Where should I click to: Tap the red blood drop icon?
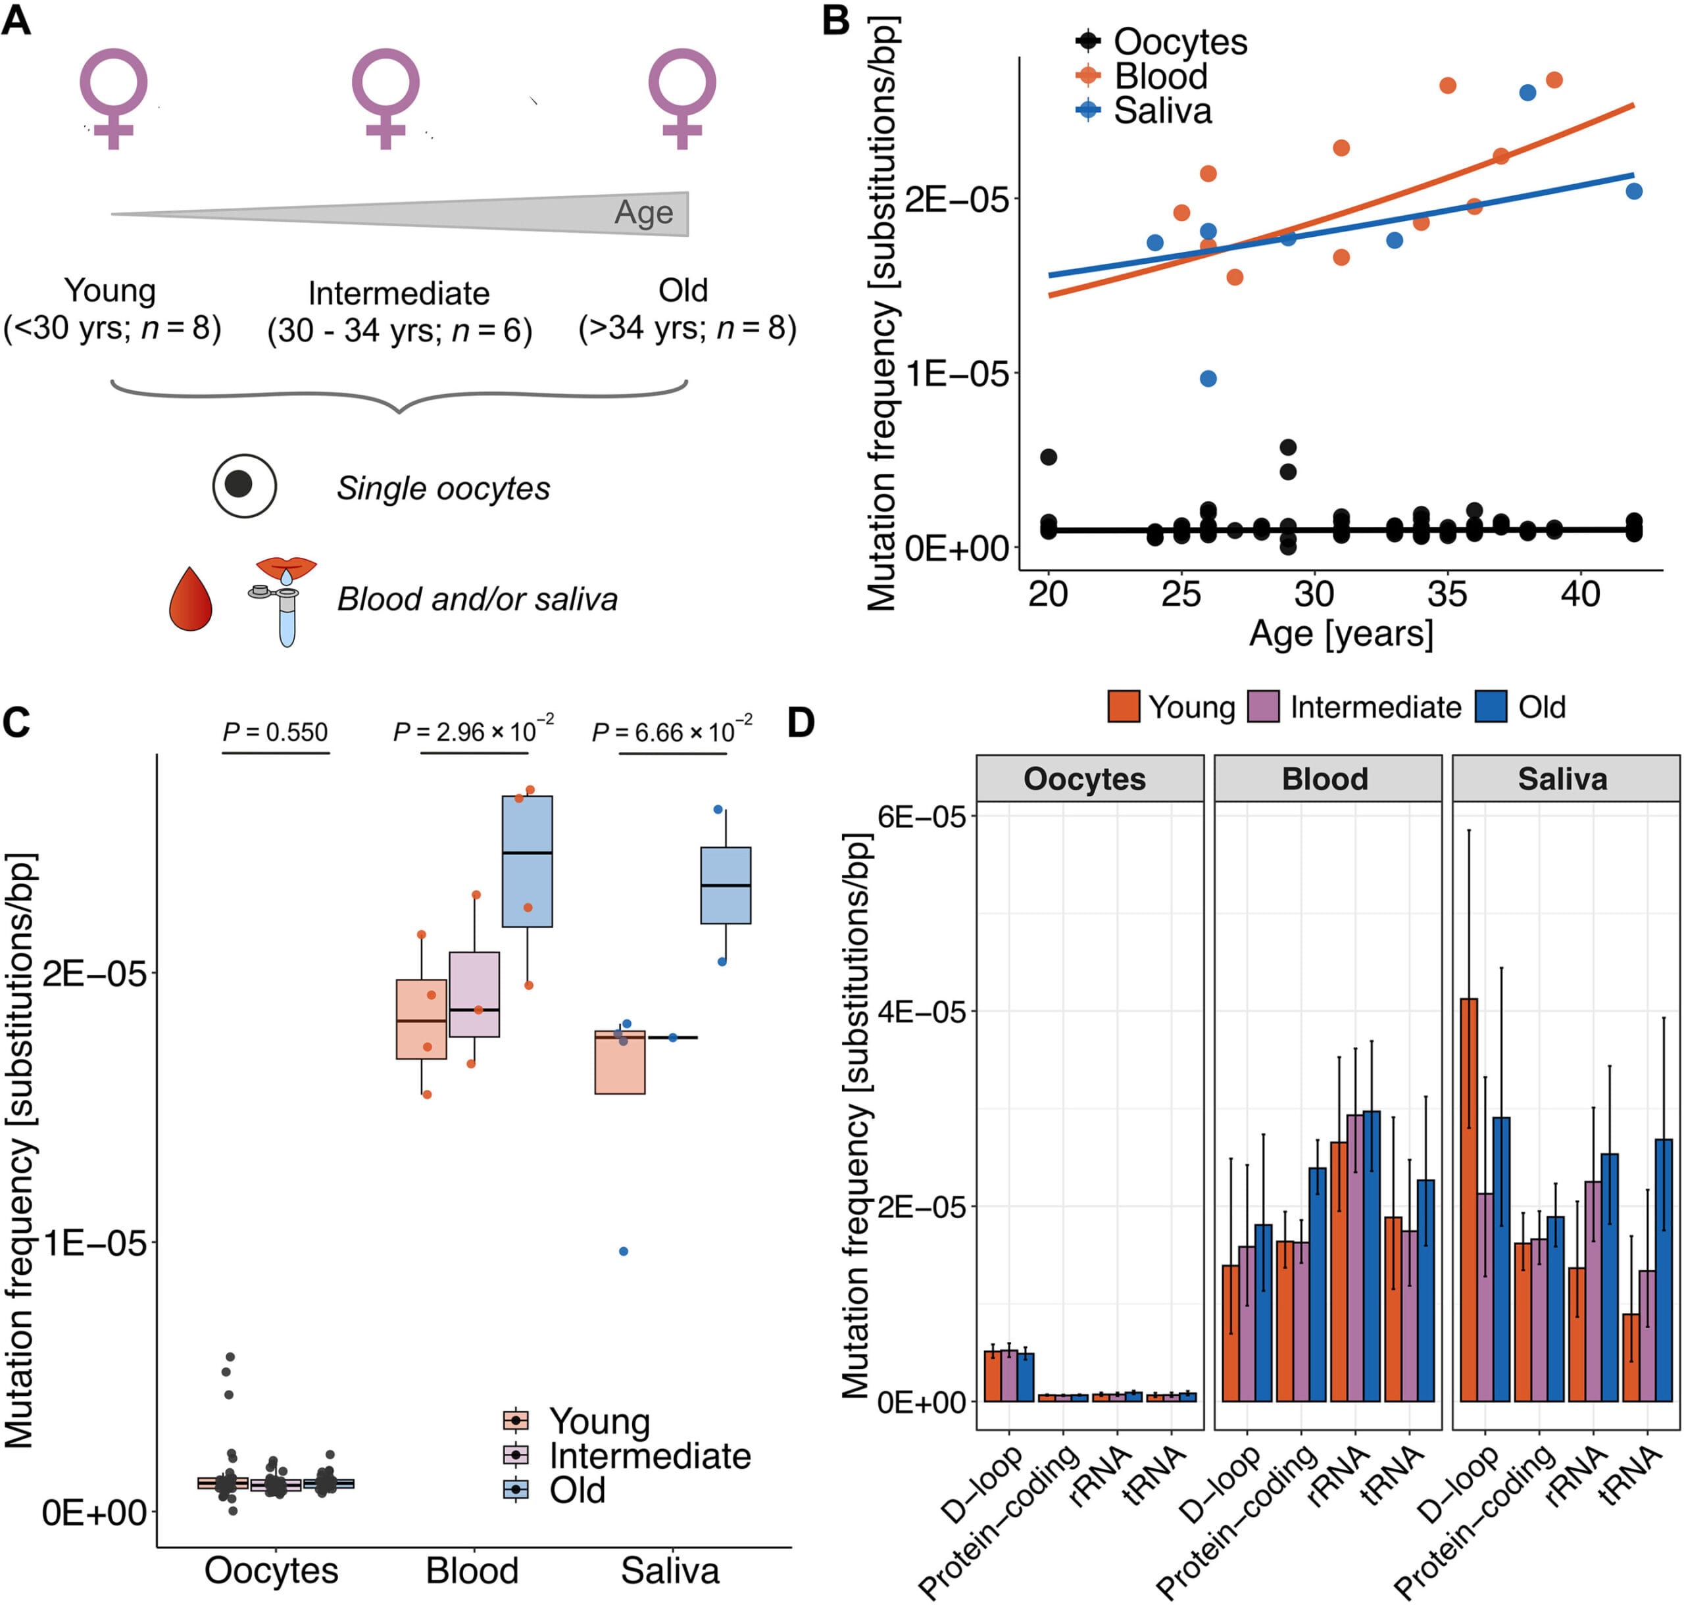coord(190,600)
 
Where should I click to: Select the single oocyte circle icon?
coord(244,485)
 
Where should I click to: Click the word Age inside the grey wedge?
coord(643,212)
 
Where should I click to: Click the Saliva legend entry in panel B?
coord(1162,111)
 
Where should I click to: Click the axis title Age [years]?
coord(1341,634)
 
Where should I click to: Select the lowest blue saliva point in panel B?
coord(1208,379)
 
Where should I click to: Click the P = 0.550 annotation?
coord(275,732)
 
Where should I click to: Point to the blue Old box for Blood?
coord(527,861)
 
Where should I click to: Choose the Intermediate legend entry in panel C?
coord(649,1456)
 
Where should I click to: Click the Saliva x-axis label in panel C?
coord(670,1571)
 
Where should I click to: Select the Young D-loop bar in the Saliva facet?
coord(1468,1199)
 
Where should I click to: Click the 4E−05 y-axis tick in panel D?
coord(921,1012)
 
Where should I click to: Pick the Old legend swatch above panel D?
coord(1491,706)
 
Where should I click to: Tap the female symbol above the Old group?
coord(682,97)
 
